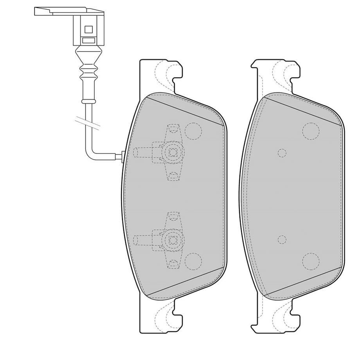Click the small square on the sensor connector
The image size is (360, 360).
coord(88,29)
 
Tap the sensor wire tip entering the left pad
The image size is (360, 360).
coord(122,157)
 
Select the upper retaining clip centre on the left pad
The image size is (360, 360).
coord(172,151)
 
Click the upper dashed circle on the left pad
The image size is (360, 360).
coord(193,131)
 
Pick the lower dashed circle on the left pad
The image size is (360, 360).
coord(193,261)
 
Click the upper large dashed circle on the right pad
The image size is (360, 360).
coord(311,131)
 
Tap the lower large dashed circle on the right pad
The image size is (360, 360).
coord(311,261)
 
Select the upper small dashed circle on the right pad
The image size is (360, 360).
coord(282,153)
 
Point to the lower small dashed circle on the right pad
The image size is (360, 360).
coord(282,239)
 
